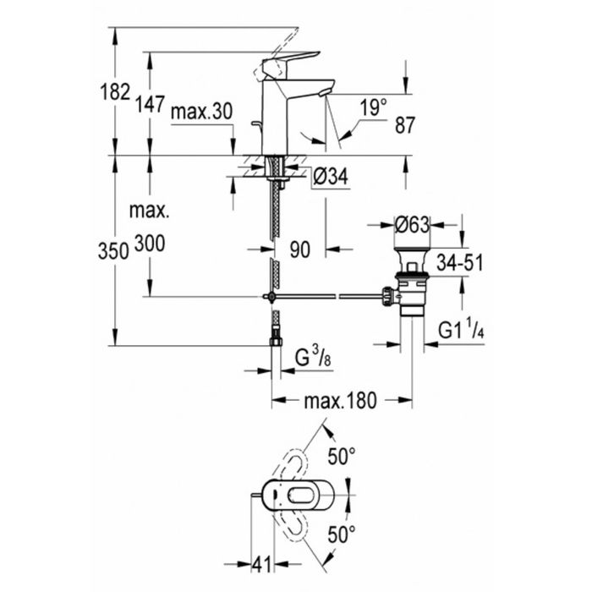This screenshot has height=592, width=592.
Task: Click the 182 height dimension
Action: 115,91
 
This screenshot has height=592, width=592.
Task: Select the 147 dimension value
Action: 151,104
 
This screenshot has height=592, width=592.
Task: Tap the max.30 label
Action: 201,112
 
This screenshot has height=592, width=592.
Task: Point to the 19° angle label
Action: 373,107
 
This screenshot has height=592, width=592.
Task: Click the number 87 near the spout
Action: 405,125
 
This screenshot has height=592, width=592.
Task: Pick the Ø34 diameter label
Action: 331,176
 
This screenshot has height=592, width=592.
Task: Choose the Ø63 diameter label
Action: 412,225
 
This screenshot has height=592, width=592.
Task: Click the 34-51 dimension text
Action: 460,263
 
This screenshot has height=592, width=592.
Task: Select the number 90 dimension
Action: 299,249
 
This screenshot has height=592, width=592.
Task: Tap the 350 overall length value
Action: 113,251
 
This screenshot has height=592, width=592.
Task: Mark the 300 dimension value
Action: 150,244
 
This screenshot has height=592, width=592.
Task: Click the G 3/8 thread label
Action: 313,358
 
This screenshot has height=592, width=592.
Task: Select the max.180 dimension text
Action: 340,401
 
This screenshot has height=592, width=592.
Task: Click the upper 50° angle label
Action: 342,456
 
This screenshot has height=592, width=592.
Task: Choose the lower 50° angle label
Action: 342,534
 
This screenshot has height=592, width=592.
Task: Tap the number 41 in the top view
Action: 261,565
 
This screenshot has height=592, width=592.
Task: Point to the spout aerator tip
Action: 323,93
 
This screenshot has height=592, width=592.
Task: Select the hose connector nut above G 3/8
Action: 276,342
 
